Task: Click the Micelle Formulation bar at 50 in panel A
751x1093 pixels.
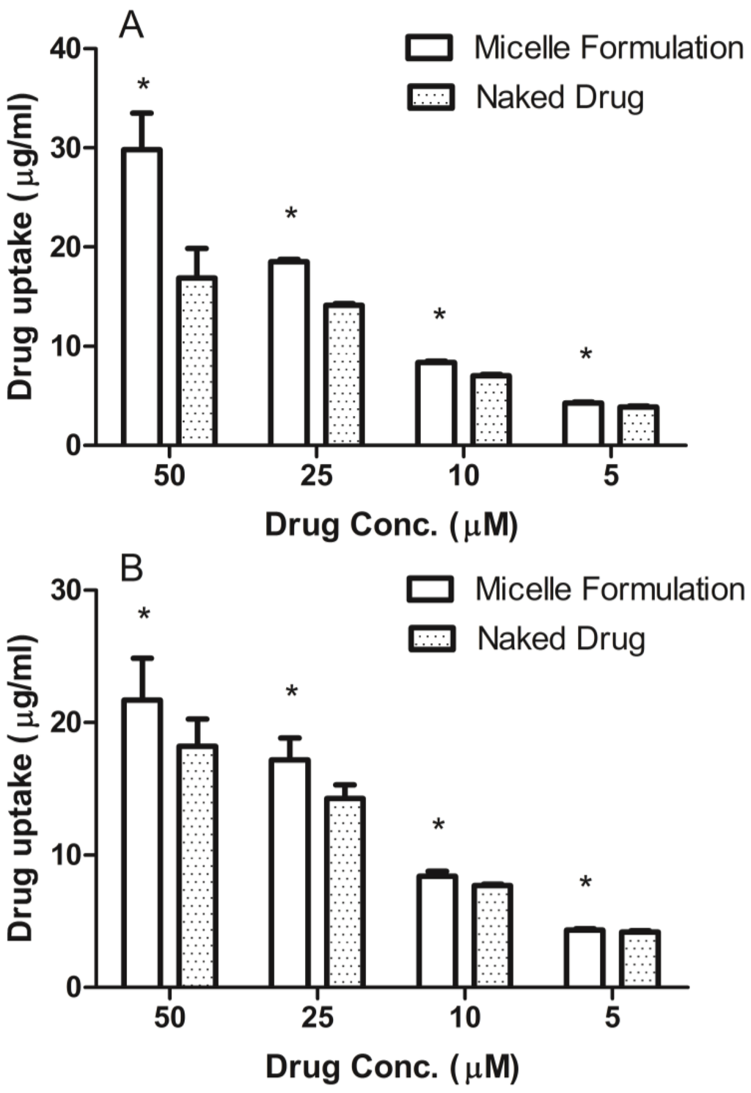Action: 142,297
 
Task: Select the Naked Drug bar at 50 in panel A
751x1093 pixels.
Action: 197,360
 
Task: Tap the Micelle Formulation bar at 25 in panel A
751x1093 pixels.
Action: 289,352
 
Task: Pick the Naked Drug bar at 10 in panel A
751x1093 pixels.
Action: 491,410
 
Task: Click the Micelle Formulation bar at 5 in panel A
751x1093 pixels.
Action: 583,424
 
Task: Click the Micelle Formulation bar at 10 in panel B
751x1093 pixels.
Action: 436,931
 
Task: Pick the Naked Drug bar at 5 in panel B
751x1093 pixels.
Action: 640,959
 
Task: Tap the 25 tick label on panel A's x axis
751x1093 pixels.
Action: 316,476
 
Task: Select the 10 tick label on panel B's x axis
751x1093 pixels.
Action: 464,1017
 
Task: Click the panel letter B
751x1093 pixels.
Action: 131,567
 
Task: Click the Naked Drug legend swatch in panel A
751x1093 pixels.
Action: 431,98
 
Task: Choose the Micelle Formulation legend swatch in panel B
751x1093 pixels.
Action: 431,589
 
